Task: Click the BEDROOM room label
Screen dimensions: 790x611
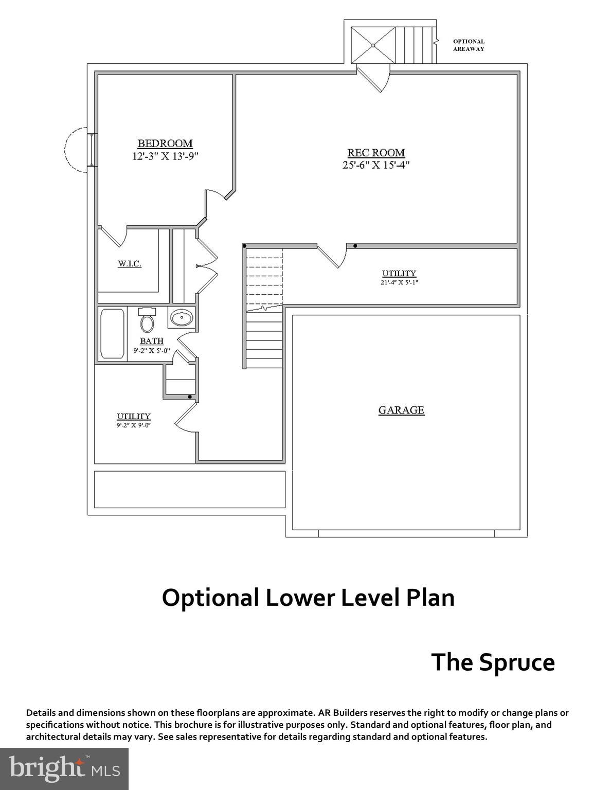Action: click(x=165, y=143)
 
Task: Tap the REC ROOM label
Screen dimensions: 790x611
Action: click(x=376, y=153)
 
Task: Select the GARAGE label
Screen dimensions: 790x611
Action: click(x=401, y=410)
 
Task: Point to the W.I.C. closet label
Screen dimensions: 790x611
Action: click(x=129, y=264)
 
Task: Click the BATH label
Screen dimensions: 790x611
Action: click(x=152, y=341)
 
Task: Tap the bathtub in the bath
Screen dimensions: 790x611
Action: click(x=112, y=333)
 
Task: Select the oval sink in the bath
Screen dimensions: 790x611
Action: click(x=182, y=318)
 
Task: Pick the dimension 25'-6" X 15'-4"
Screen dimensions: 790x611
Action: click(x=376, y=165)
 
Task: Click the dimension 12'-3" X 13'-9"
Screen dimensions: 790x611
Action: click(x=165, y=156)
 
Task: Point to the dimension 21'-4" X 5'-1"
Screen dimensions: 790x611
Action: click(x=399, y=282)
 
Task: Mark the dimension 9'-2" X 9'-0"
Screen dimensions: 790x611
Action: click(x=133, y=425)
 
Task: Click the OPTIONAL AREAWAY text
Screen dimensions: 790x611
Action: click(x=469, y=45)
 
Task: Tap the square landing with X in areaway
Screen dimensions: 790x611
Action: click(x=373, y=45)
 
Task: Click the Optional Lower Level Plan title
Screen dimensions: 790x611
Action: click(x=308, y=598)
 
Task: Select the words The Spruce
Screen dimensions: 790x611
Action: click(x=493, y=662)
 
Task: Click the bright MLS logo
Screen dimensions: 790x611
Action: click(x=64, y=769)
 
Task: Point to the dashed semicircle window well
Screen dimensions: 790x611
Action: click(x=75, y=150)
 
